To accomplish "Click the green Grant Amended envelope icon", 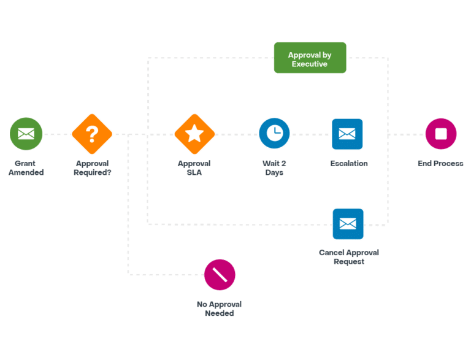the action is pyautogui.click(x=26, y=134).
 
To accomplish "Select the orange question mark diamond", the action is pyautogui.click(x=92, y=134).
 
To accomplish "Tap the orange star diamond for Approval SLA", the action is pyautogui.click(x=194, y=134).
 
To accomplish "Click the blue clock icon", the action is pyautogui.click(x=274, y=133).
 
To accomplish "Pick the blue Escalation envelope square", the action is pyautogui.click(x=347, y=134).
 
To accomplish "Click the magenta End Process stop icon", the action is pyautogui.click(x=441, y=134).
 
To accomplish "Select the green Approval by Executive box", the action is pyautogui.click(x=310, y=58).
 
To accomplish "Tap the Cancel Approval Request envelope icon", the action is pyautogui.click(x=348, y=224).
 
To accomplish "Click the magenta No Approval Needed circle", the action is pyautogui.click(x=220, y=275).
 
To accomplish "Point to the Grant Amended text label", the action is pyautogui.click(x=26, y=167).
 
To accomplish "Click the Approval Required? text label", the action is pyautogui.click(x=92, y=167).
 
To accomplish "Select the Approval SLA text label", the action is pyautogui.click(x=194, y=167).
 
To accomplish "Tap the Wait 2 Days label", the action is pyautogui.click(x=274, y=167).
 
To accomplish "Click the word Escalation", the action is pyautogui.click(x=349, y=164).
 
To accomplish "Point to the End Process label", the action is pyautogui.click(x=440, y=164).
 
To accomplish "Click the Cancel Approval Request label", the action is pyautogui.click(x=349, y=257).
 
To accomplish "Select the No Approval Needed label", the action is pyautogui.click(x=220, y=308).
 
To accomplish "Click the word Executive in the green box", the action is pyautogui.click(x=310, y=64).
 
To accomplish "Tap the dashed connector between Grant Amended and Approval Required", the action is pyautogui.click(x=57, y=134).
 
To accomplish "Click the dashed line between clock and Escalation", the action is pyautogui.click(x=310, y=134).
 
